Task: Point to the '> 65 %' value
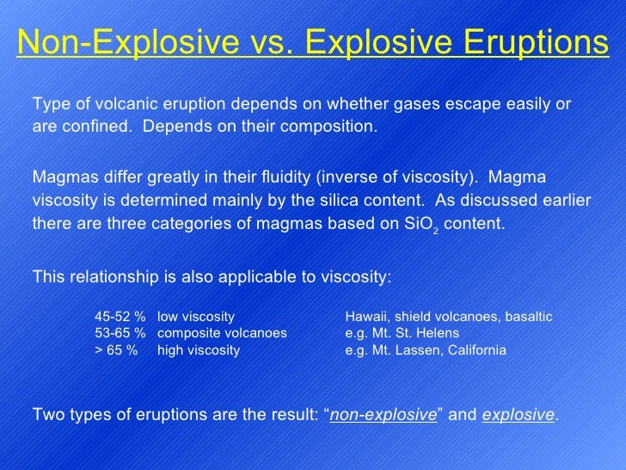[116, 350]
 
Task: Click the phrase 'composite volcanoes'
[222, 333]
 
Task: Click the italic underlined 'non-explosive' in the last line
[384, 415]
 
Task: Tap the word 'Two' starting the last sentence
[46, 415]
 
